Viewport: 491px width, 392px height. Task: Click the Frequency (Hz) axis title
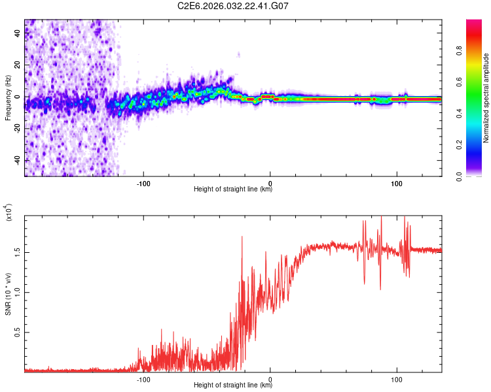coord(7,98)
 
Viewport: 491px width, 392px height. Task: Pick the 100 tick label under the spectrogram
coord(396,183)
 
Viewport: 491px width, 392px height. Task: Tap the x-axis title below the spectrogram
coord(233,189)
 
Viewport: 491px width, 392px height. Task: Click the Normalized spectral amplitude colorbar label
coord(486,98)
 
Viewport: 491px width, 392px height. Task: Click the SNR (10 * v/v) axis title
coord(8,294)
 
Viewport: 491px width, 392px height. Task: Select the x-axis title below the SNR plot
coord(233,385)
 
